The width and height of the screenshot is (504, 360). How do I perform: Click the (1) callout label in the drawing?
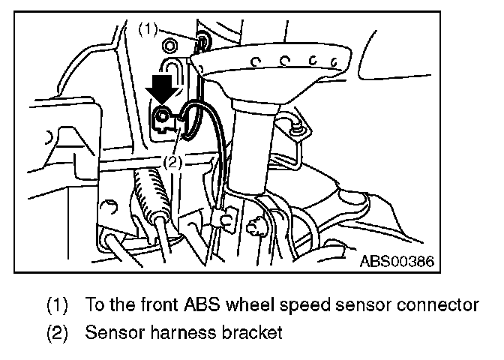[148, 29]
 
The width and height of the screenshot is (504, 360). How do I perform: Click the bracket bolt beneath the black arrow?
[161, 116]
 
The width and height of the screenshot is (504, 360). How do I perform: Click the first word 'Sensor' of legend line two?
[109, 332]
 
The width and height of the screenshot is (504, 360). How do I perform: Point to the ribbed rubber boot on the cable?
[148, 197]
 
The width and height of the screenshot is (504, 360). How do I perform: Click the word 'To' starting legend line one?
[94, 304]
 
